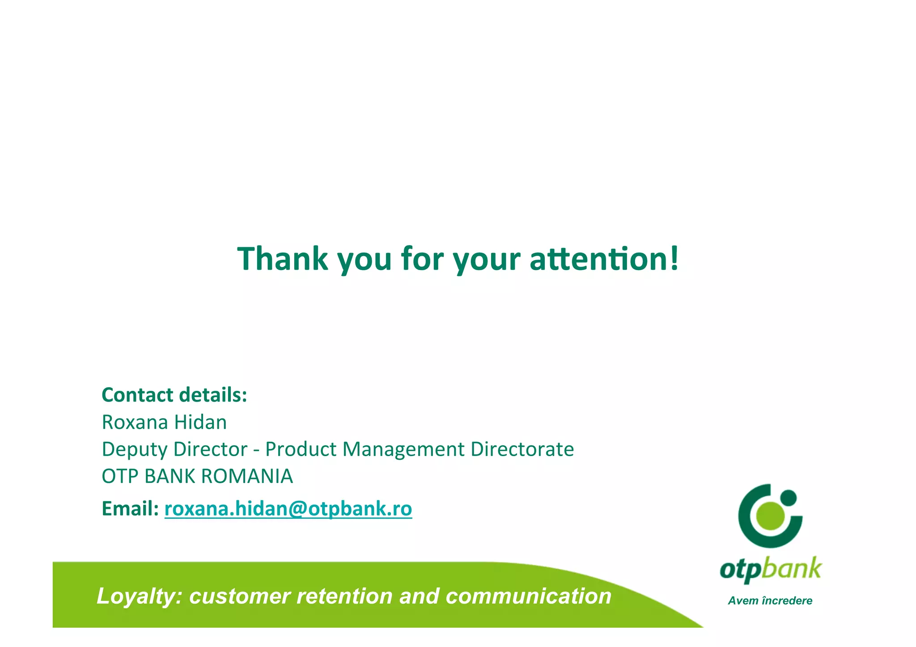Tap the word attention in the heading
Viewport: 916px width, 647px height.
(599, 259)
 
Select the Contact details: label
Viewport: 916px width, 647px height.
(174, 395)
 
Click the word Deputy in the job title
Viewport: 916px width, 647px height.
(134, 450)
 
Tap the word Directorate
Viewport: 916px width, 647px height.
(522, 449)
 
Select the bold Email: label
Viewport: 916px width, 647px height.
(130, 509)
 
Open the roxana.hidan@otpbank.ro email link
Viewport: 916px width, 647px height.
(288, 509)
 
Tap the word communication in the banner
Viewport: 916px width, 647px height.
(528, 596)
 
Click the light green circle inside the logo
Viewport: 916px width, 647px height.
(770, 515)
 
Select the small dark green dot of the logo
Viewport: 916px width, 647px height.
(788, 497)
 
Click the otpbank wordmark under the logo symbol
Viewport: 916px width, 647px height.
(770, 570)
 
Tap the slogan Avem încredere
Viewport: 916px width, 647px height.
(770, 601)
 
